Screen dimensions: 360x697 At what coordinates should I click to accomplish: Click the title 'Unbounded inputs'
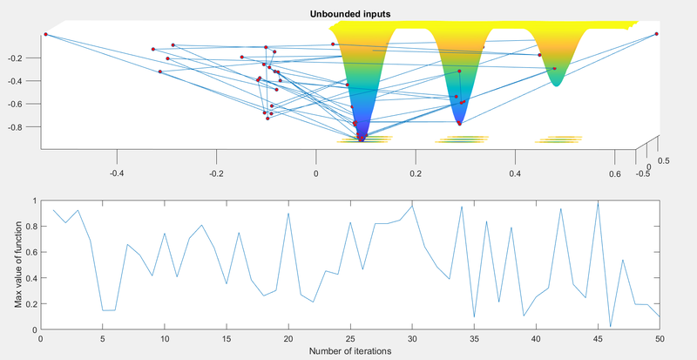pyautogui.click(x=348, y=14)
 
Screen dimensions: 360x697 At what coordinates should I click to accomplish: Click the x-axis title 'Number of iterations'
pyautogui.click(x=348, y=350)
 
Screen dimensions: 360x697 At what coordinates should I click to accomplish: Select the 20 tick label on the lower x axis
pyautogui.click(x=288, y=337)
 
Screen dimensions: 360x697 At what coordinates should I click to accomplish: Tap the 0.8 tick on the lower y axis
pyautogui.click(x=30, y=227)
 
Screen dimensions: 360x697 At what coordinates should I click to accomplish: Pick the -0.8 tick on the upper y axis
pyautogui.click(x=26, y=126)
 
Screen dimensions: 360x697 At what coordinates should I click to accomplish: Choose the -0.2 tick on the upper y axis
pyautogui.click(x=26, y=58)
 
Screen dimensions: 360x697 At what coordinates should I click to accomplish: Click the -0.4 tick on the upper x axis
pyautogui.click(x=117, y=173)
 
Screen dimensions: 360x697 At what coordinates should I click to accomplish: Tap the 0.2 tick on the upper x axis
pyautogui.click(x=416, y=173)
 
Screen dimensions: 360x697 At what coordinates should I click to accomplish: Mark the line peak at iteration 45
pyautogui.click(x=598, y=201)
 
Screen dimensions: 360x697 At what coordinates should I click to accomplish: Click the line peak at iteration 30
pyautogui.click(x=412, y=205)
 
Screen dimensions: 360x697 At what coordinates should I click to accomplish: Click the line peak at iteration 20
pyautogui.click(x=288, y=213)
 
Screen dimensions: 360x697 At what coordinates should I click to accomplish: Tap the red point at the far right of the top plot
pyautogui.click(x=656, y=34)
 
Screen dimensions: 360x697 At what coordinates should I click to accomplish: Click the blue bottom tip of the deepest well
pyautogui.click(x=362, y=139)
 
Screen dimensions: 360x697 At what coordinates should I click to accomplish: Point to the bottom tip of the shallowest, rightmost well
pyautogui.click(x=556, y=85)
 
